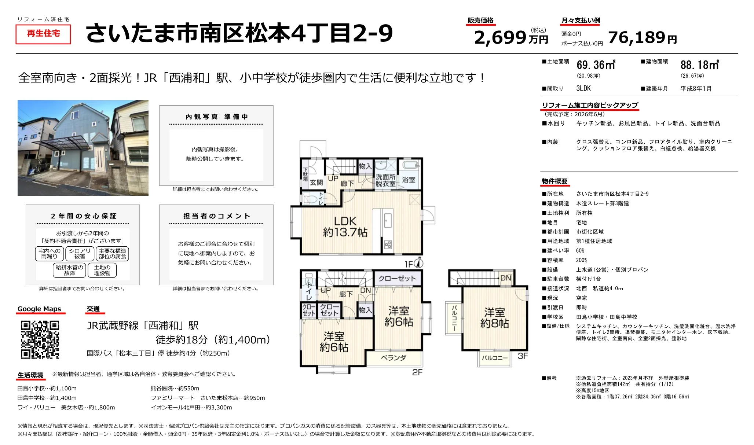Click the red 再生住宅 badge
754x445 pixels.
43,34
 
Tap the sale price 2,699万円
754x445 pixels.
511,37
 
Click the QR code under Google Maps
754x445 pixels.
40,339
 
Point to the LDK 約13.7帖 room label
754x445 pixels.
345,227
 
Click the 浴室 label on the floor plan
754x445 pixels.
409,180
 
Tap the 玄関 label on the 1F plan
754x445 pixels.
316,182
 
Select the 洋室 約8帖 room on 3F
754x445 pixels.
494,318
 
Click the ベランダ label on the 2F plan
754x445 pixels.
394,358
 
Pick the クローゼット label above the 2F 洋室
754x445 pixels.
397,279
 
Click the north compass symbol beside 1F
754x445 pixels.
419,263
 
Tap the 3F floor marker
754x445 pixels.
523,356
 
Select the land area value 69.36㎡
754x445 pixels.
596,65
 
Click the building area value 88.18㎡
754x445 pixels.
700,65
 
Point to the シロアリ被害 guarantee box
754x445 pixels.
80,254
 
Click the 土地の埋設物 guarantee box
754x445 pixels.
102,271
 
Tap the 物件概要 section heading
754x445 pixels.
554,181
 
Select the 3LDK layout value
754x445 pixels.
583,88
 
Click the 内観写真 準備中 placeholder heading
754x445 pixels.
216,117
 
